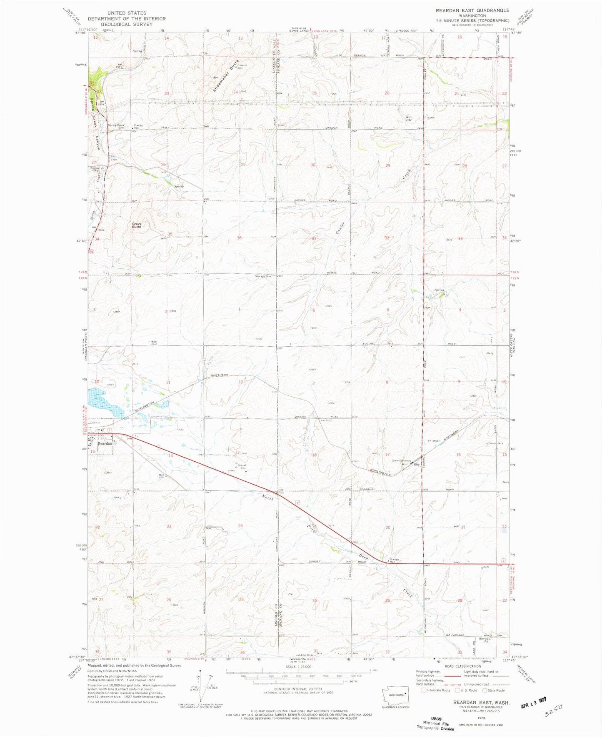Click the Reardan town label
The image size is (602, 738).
[x=105, y=443]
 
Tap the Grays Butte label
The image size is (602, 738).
[x=137, y=225]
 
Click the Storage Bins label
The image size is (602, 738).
[x=263, y=276]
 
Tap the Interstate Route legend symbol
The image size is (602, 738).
[x=424, y=690]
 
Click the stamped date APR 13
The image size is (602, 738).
[x=534, y=703]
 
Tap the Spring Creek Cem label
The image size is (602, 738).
[x=117, y=127]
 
